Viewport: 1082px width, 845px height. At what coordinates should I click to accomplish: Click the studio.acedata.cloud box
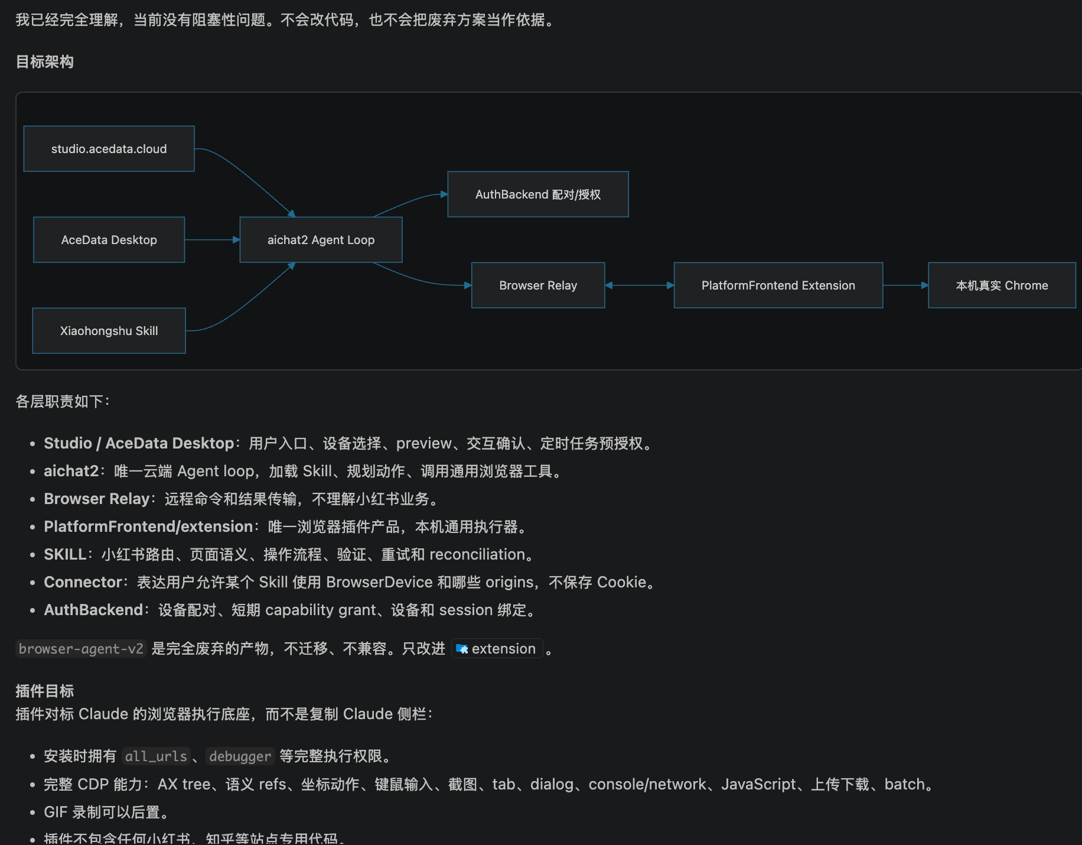point(109,149)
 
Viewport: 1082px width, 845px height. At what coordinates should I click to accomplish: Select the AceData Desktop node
point(109,240)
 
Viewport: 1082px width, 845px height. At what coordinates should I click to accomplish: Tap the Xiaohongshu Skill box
point(109,331)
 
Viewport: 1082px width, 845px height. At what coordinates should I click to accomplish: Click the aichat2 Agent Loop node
point(321,240)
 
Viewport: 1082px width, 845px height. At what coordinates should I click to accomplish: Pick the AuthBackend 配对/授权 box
point(538,194)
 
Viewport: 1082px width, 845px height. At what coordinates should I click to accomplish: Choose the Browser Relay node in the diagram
point(538,285)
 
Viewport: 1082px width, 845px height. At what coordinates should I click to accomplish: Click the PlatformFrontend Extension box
point(778,285)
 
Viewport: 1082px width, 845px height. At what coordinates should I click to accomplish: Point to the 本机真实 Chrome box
point(1002,285)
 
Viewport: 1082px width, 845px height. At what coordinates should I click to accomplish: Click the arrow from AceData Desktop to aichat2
point(212,240)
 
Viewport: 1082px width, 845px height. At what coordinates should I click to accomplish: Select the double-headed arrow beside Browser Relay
point(640,285)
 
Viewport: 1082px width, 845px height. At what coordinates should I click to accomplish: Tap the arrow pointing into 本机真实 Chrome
point(905,285)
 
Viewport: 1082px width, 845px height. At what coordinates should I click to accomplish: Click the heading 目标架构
point(45,62)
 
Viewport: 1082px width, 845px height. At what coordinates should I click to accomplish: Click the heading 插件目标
point(45,691)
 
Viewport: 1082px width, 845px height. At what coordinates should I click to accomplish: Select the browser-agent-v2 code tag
point(81,649)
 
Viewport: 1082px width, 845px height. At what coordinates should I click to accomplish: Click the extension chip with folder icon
point(497,649)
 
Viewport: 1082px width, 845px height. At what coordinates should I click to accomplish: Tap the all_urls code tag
point(156,756)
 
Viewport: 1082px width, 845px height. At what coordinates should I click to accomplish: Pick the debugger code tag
point(240,756)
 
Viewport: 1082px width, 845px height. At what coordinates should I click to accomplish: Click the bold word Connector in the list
point(83,582)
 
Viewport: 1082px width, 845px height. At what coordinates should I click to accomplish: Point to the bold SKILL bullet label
point(65,554)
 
